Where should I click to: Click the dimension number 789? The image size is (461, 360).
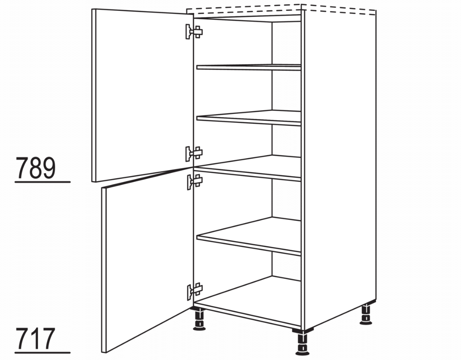click(35, 168)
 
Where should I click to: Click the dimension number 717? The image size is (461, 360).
click(35, 338)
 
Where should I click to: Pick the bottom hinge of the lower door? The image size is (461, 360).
click(195, 292)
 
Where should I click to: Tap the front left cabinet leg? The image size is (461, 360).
click(199, 319)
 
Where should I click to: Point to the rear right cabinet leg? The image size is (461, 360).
click(366, 314)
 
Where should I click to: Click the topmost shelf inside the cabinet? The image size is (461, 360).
click(249, 67)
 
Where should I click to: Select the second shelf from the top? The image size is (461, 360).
click(249, 118)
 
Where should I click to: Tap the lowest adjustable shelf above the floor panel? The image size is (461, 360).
click(249, 236)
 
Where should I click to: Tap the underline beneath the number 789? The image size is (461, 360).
click(43, 182)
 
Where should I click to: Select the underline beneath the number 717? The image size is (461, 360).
click(43, 352)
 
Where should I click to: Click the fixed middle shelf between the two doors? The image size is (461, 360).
click(249, 168)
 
